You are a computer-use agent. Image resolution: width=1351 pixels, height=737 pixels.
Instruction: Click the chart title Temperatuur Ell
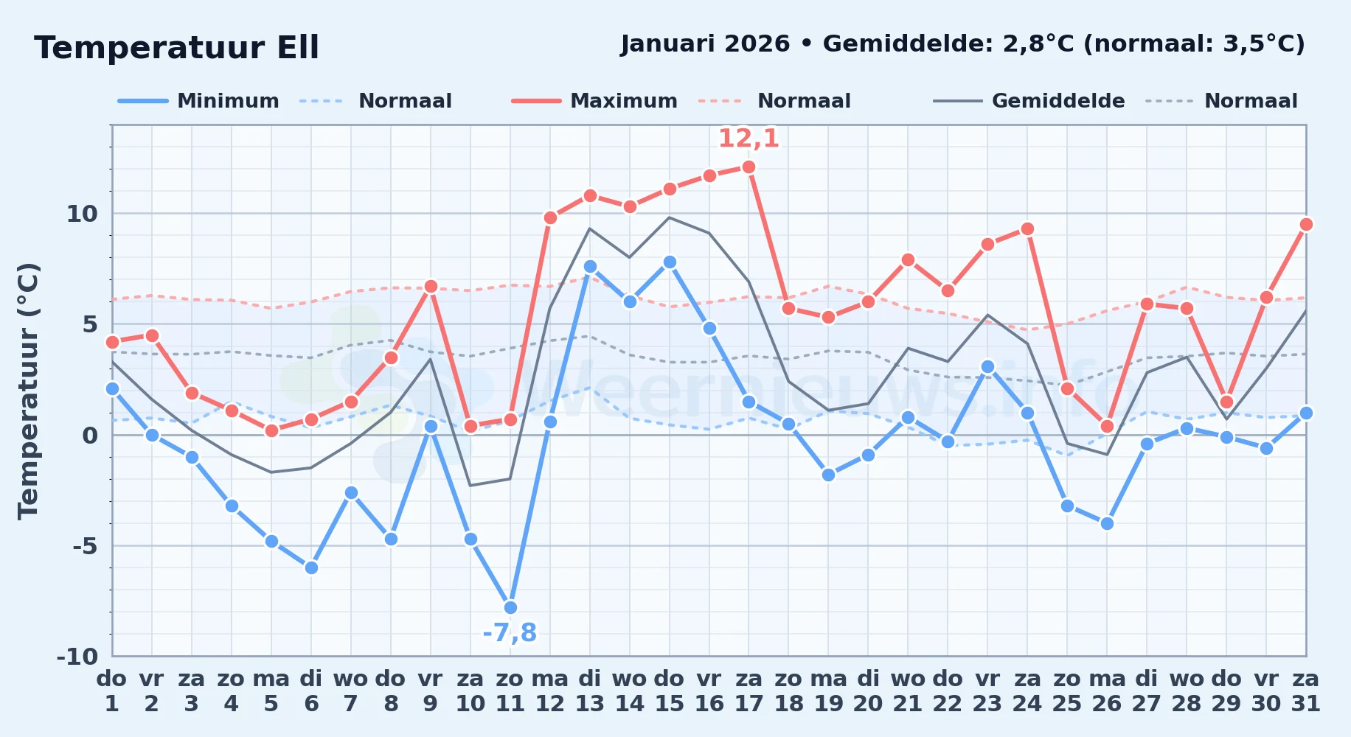(176, 48)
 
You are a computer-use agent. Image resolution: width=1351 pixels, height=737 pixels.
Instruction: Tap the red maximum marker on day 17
(749, 167)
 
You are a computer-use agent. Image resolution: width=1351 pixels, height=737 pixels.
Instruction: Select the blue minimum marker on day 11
(510, 608)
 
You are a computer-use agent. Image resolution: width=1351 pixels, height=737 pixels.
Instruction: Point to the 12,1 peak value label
(749, 139)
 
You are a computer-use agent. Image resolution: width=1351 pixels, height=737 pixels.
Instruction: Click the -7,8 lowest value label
(510, 633)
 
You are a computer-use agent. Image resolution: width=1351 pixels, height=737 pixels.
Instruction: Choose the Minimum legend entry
(199, 101)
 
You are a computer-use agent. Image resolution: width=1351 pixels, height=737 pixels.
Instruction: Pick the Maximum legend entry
(594, 101)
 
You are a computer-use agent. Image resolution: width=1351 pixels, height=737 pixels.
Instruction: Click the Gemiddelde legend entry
(1029, 101)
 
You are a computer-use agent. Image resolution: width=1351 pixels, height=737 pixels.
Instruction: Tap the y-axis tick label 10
(82, 214)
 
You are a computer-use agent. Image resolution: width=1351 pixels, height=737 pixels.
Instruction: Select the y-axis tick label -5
(85, 546)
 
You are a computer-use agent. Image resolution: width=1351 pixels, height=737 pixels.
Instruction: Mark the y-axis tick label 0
(90, 435)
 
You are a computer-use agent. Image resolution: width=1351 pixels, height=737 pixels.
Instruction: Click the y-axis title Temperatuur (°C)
(28, 391)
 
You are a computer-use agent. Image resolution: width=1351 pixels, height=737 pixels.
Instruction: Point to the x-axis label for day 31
(1306, 691)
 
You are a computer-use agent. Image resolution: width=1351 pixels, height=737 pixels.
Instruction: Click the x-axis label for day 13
(590, 691)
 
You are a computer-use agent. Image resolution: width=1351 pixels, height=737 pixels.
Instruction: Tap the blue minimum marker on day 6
(311, 568)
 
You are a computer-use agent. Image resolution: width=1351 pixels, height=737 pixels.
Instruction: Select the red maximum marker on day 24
(1027, 229)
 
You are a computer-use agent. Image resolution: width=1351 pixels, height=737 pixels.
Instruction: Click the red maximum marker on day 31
(1306, 225)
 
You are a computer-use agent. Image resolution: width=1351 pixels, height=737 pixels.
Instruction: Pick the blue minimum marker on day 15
(670, 262)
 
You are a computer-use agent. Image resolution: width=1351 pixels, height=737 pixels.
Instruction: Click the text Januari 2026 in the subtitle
(705, 44)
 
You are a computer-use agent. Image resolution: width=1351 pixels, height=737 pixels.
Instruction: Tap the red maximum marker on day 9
(431, 287)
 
